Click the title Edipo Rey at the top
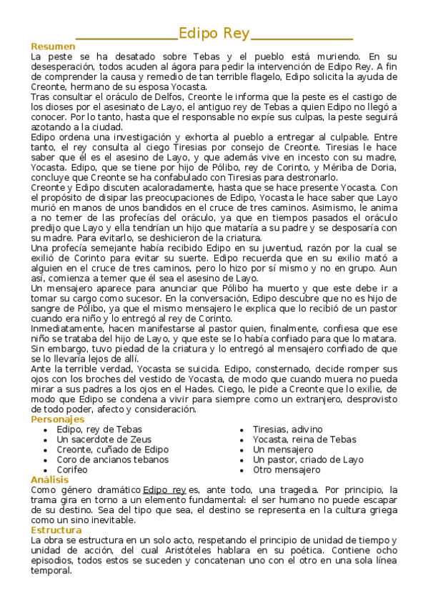214,33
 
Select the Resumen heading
53,46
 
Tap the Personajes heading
58,419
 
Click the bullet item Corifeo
72,470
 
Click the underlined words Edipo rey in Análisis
164,490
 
